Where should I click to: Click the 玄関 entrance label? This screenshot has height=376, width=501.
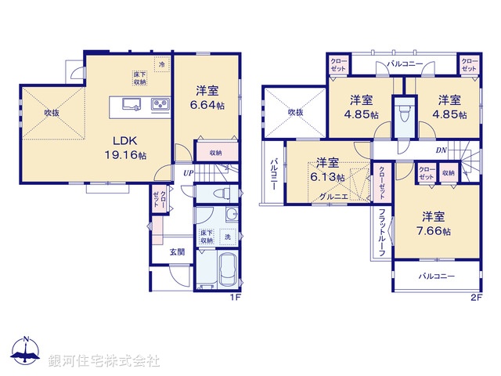[177, 251]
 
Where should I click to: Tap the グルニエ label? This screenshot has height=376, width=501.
[322, 197]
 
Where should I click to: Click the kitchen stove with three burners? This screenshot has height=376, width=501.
[160, 103]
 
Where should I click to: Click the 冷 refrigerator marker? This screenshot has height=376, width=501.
[162, 66]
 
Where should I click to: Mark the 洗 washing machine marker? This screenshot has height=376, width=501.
[227, 237]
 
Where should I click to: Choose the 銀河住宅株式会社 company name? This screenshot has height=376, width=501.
[104, 362]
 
